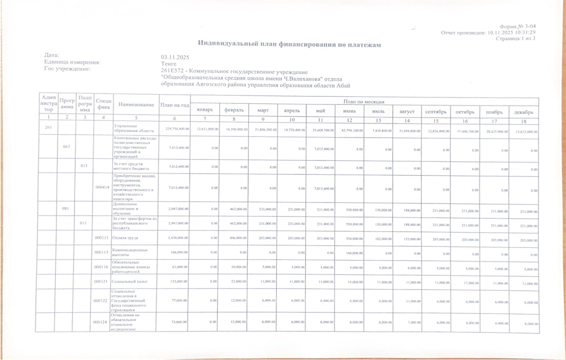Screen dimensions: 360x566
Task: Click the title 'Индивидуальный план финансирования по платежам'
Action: [x=289, y=44]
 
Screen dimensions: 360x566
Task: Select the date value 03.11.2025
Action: [x=174, y=57]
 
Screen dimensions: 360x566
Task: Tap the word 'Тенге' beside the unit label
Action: [x=168, y=63]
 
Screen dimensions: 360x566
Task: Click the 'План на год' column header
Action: [x=174, y=104]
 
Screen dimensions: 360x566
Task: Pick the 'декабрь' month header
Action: [x=524, y=112]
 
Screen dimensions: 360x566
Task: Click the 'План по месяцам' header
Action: [x=365, y=102]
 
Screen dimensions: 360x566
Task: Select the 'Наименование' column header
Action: [x=135, y=104]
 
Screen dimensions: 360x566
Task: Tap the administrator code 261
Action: [x=48, y=128]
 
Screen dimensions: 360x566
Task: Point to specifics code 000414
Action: [x=102, y=187]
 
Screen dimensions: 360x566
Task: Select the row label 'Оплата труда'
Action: [x=124, y=238]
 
